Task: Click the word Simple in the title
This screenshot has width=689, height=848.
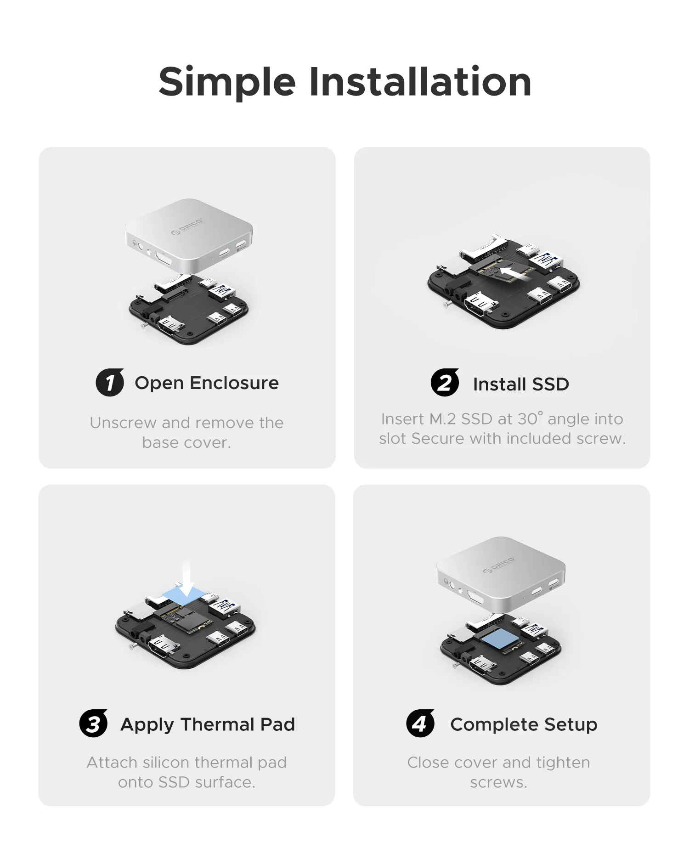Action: coord(227,83)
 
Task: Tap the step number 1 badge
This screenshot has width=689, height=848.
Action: coord(110,382)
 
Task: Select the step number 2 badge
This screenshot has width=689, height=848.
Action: coord(445,383)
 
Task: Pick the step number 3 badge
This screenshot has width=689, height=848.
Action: coord(93,724)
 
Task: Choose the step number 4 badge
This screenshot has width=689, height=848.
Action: coord(420,724)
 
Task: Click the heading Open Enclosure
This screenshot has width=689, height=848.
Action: coord(207,383)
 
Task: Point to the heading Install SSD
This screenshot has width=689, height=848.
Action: coord(521,384)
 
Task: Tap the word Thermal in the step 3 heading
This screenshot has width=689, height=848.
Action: coord(217,724)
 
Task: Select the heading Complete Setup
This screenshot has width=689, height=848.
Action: coord(524,724)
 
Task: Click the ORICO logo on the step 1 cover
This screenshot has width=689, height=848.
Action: coord(187,226)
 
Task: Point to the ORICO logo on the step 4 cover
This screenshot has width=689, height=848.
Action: coord(499,565)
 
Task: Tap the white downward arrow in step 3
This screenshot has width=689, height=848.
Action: coord(187,579)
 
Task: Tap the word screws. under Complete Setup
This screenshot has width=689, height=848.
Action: coord(498,782)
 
